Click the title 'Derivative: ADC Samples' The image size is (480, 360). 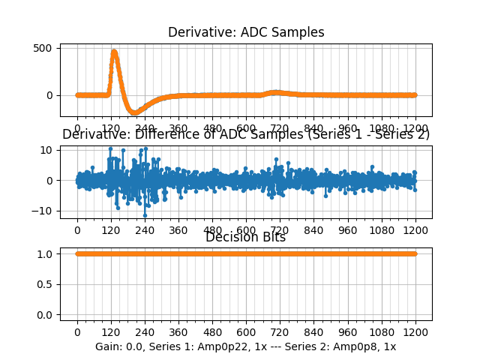pyautogui.click(x=246, y=32)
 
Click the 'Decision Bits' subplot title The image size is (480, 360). pyautogui.click(x=245, y=238)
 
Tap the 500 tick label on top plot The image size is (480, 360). pyautogui.click(x=43, y=48)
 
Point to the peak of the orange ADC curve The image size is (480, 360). pyautogui.click(x=114, y=52)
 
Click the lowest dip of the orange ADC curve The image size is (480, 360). pyautogui.click(x=135, y=112)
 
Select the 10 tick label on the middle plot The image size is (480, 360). pyautogui.click(x=46, y=150)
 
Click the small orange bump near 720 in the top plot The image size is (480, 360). pyautogui.click(x=276, y=92)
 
